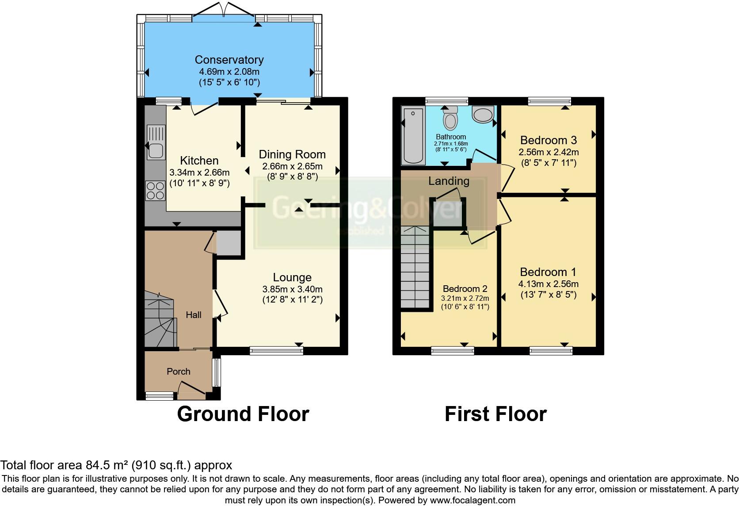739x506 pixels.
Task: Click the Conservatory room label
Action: coord(229,60)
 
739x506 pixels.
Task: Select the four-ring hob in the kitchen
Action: coord(155,191)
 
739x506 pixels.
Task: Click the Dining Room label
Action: coord(292,154)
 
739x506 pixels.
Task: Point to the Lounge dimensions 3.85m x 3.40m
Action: coord(292,289)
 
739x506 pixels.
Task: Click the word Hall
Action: coord(194,315)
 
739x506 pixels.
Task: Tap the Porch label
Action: coord(179,372)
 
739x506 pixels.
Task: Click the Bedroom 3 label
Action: coord(548,141)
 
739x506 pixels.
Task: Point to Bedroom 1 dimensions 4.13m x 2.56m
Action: coord(548,284)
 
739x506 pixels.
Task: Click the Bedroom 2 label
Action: coord(465,289)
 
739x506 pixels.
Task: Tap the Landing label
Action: coord(449,181)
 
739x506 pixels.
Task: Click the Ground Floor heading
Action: coord(243,414)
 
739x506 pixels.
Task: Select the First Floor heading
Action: coord(495,414)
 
